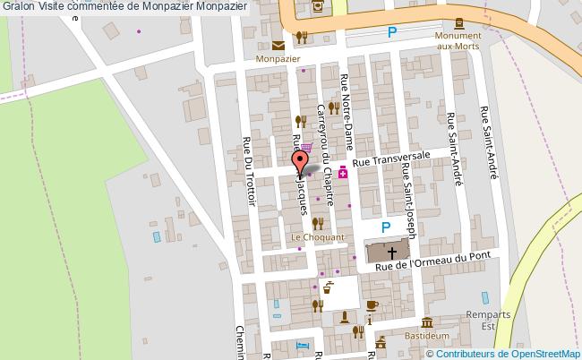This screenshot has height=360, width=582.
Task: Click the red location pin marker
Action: (x=300, y=160)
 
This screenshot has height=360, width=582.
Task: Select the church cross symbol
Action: (x=390, y=252)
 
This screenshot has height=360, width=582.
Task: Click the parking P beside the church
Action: (x=387, y=228)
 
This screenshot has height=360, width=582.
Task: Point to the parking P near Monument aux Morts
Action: (x=391, y=33)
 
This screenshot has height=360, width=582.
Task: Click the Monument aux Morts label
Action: (x=458, y=40)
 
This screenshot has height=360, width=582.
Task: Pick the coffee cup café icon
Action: (x=372, y=304)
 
